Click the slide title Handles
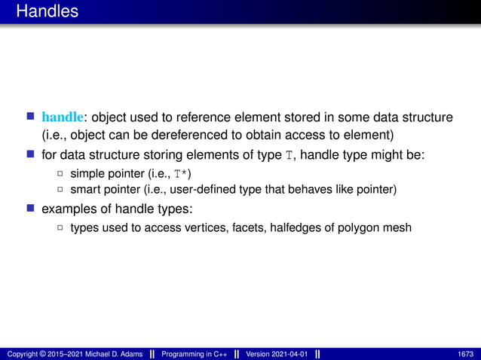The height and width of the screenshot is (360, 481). point(46,11)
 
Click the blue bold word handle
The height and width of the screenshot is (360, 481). point(63,117)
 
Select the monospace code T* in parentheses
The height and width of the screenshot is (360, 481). point(176,174)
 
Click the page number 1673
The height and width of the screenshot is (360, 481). point(465,354)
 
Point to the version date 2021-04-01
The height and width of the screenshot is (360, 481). point(291,354)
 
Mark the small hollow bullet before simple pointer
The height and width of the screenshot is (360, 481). point(60,174)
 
